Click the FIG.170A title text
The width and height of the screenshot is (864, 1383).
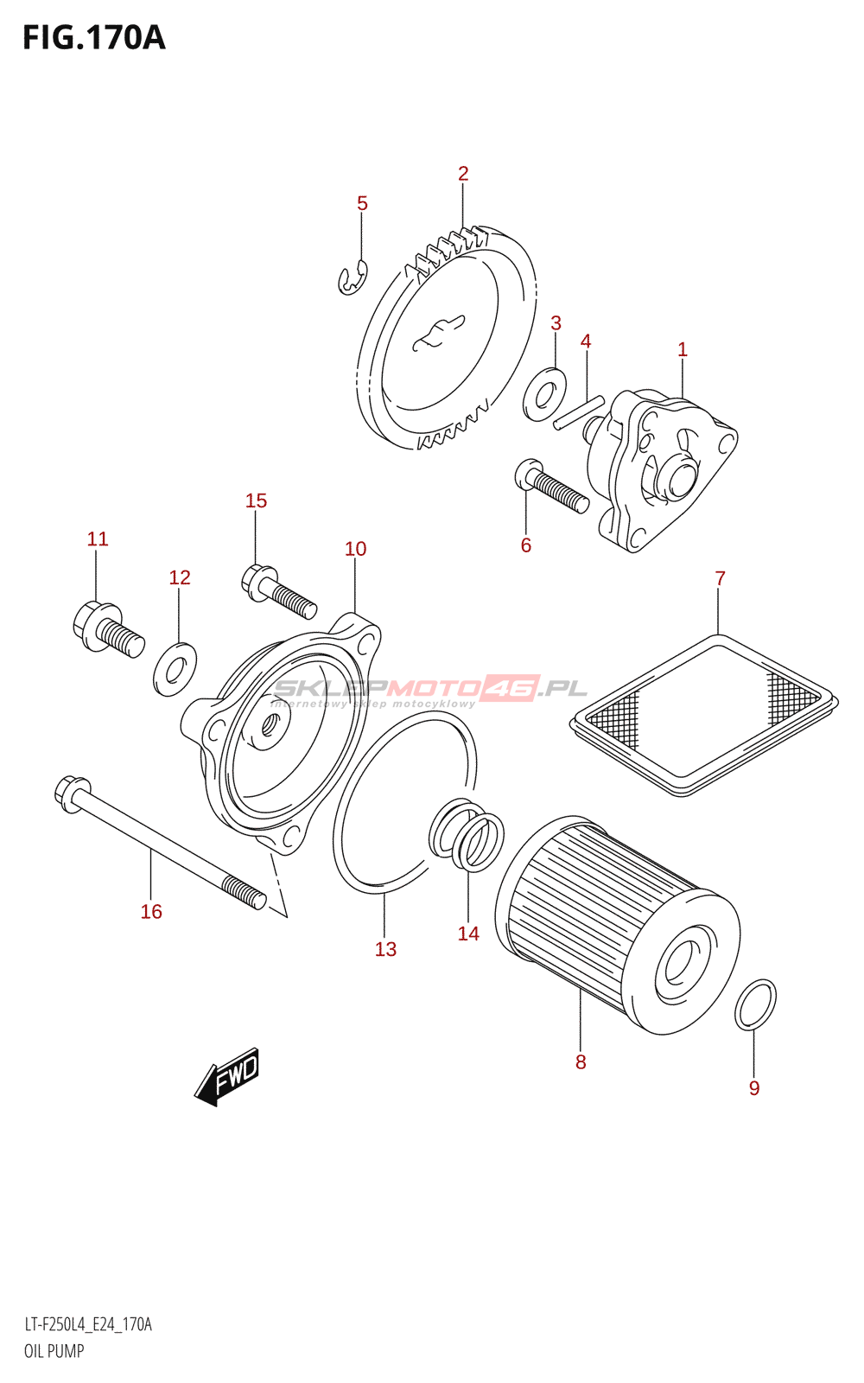pyautogui.click(x=93, y=38)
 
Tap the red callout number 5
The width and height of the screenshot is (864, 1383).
pyautogui.click(x=362, y=203)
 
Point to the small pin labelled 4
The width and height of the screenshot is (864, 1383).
pyautogui.click(x=579, y=411)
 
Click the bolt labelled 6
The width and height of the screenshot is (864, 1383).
pyautogui.click(x=552, y=488)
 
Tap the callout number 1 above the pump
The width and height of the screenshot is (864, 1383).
pyautogui.click(x=682, y=349)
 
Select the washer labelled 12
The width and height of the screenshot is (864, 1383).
pyautogui.click(x=175, y=669)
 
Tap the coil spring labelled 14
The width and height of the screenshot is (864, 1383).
pyautogui.click(x=467, y=836)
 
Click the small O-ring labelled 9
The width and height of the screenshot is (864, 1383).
pyautogui.click(x=755, y=1005)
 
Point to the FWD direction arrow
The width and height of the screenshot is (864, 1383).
pyautogui.click(x=227, y=1076)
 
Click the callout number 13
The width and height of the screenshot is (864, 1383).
pyautogui.click(x=385, y=949)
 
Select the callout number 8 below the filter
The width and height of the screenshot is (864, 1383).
pyautogui.click(x=581, y=1061)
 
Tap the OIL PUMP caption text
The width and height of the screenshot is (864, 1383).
pyautogui.click(x=54, y=1351)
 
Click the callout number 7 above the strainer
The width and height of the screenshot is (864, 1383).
pyautogui.click(x=720, y=578)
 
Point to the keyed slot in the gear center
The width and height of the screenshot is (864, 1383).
pyautogui.click(x=440, y=333)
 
